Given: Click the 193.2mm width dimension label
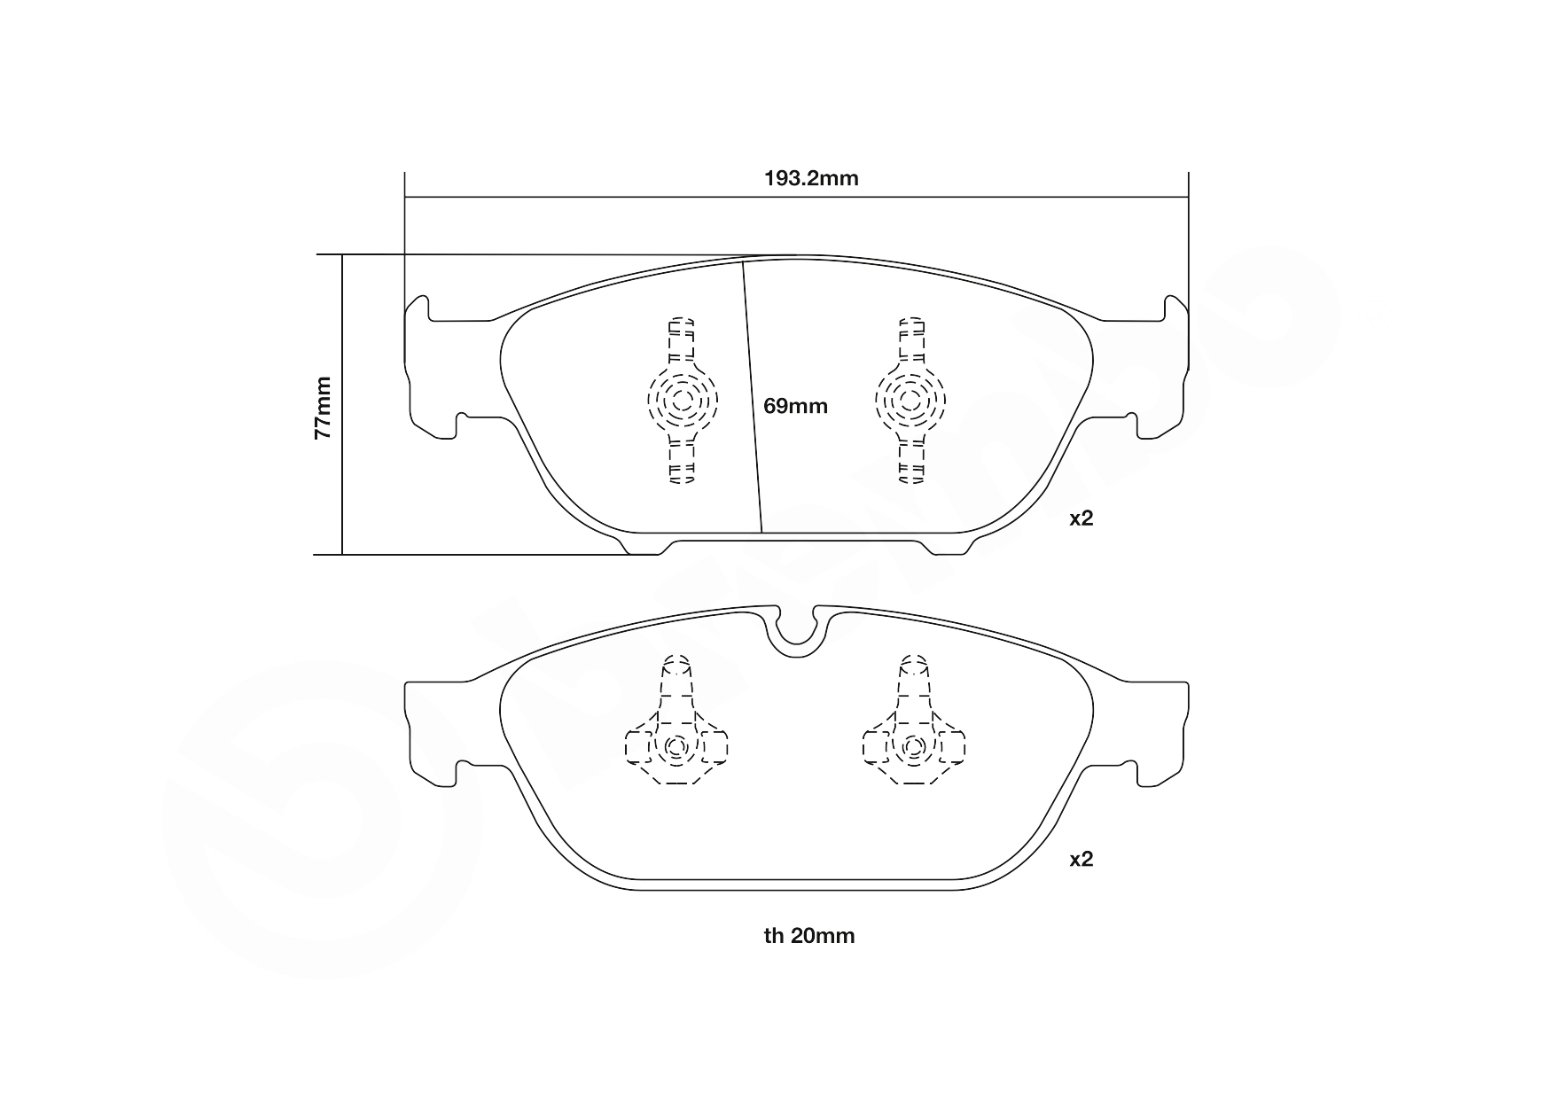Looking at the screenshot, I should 811,178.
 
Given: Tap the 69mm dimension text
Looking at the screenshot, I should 795,406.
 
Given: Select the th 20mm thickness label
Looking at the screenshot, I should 809,936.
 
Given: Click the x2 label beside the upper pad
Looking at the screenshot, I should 1082,518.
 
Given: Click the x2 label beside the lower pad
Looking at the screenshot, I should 1082,859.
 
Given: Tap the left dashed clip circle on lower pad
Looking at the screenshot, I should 676,747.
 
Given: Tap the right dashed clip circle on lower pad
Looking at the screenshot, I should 913,747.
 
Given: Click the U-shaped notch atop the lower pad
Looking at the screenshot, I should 795,631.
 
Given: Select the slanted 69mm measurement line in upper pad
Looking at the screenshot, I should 753,399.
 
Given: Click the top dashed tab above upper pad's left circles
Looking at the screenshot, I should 681,337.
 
